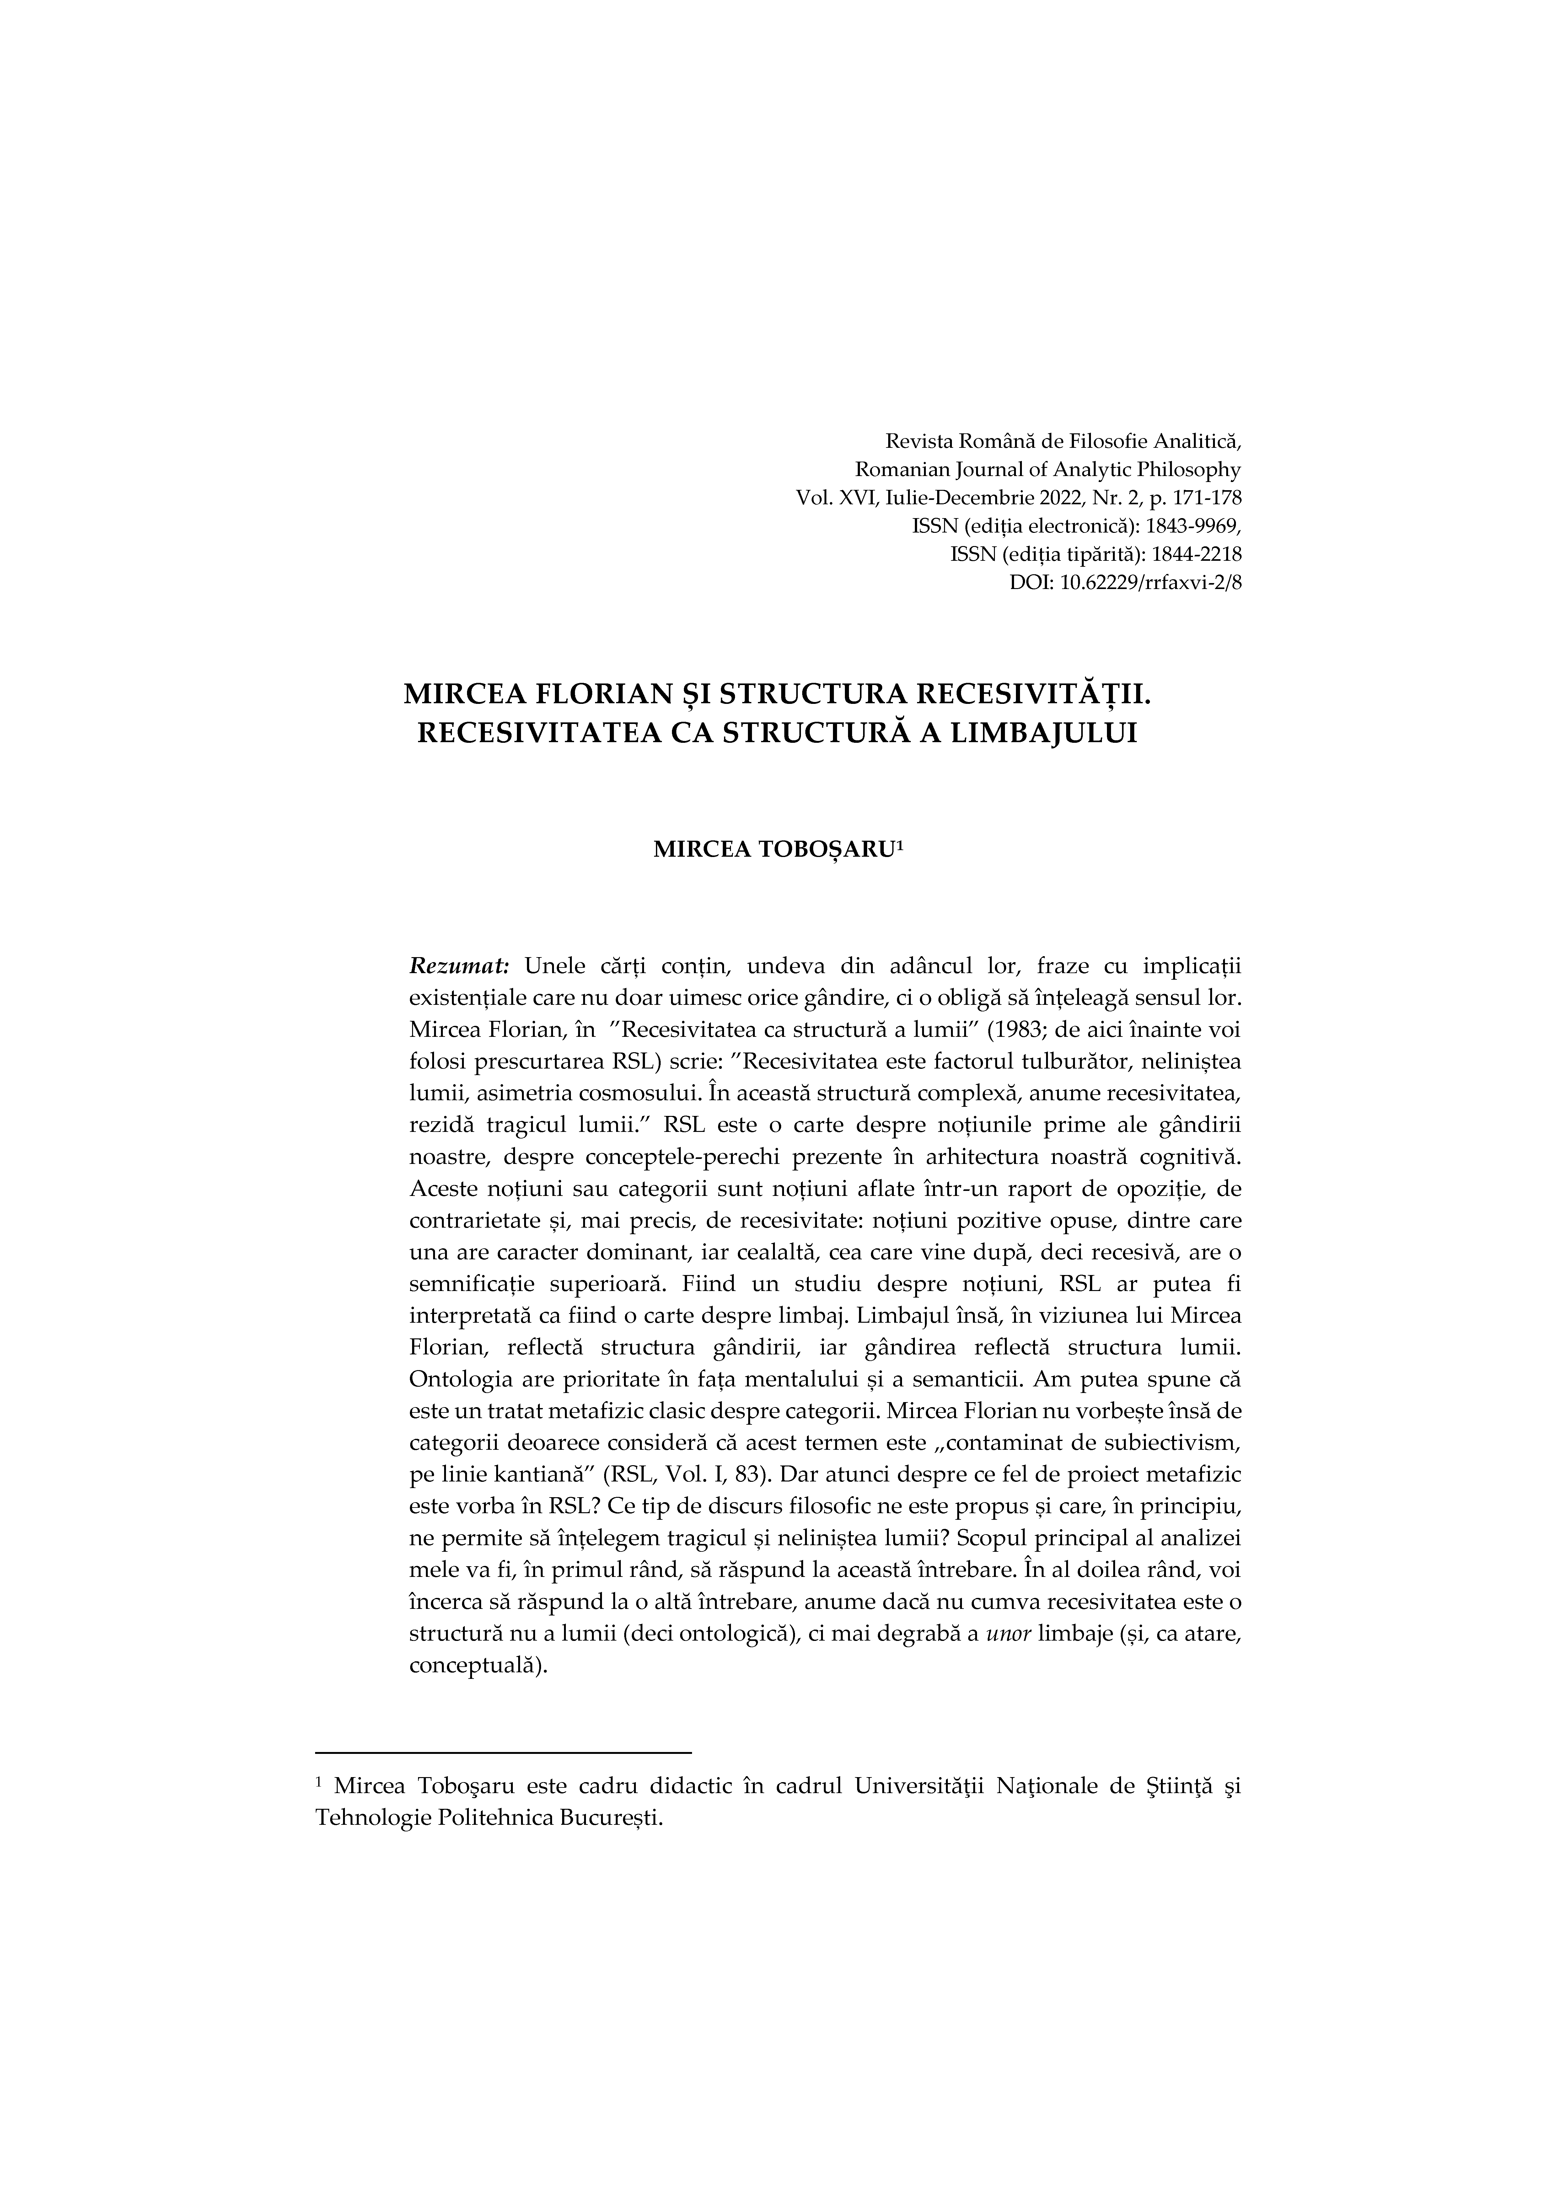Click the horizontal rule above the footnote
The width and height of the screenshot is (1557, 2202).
coord(504,1752)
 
